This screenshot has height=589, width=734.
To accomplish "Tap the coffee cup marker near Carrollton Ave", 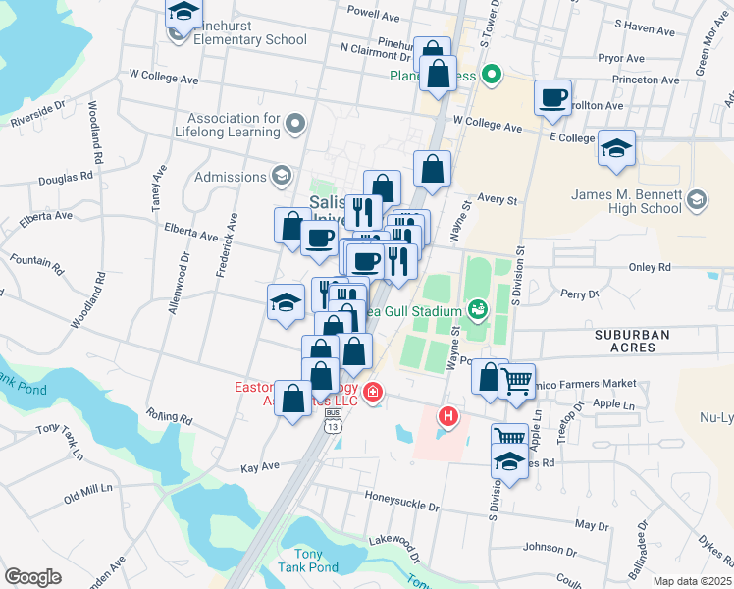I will click(553, 96).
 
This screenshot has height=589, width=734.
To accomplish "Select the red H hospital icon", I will click(448, 416).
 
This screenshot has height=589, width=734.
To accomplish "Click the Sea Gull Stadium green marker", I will click(478, 310).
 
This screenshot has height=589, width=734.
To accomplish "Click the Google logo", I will click(32, 577).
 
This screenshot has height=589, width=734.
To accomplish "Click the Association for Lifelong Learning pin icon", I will click(295, 124).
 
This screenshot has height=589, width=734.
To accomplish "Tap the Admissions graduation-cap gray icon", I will click(281, 177).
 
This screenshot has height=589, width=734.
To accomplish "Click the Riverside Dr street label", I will click(37, 114).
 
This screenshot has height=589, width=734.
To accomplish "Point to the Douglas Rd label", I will click(65, 180).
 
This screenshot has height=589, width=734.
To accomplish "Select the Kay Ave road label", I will click(260, 466).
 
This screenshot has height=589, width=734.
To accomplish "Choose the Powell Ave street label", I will click(374, 17).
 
